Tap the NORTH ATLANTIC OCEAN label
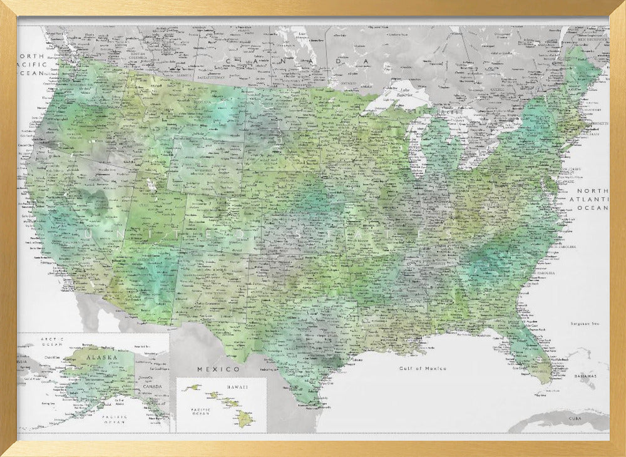pyautogui.click(x=592, y=199)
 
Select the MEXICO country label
pyautogui.click(x=218, y=369)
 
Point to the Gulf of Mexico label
pyautogui.click(x=423, y=369)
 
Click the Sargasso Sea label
pyautogui.click(x=585, y=324)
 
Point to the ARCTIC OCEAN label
pyautogui.click(x=53, y=341)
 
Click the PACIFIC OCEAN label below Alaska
pyautogui.click(x=115, y=418)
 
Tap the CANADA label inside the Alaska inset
pyautogui.click(x=152, y=386)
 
